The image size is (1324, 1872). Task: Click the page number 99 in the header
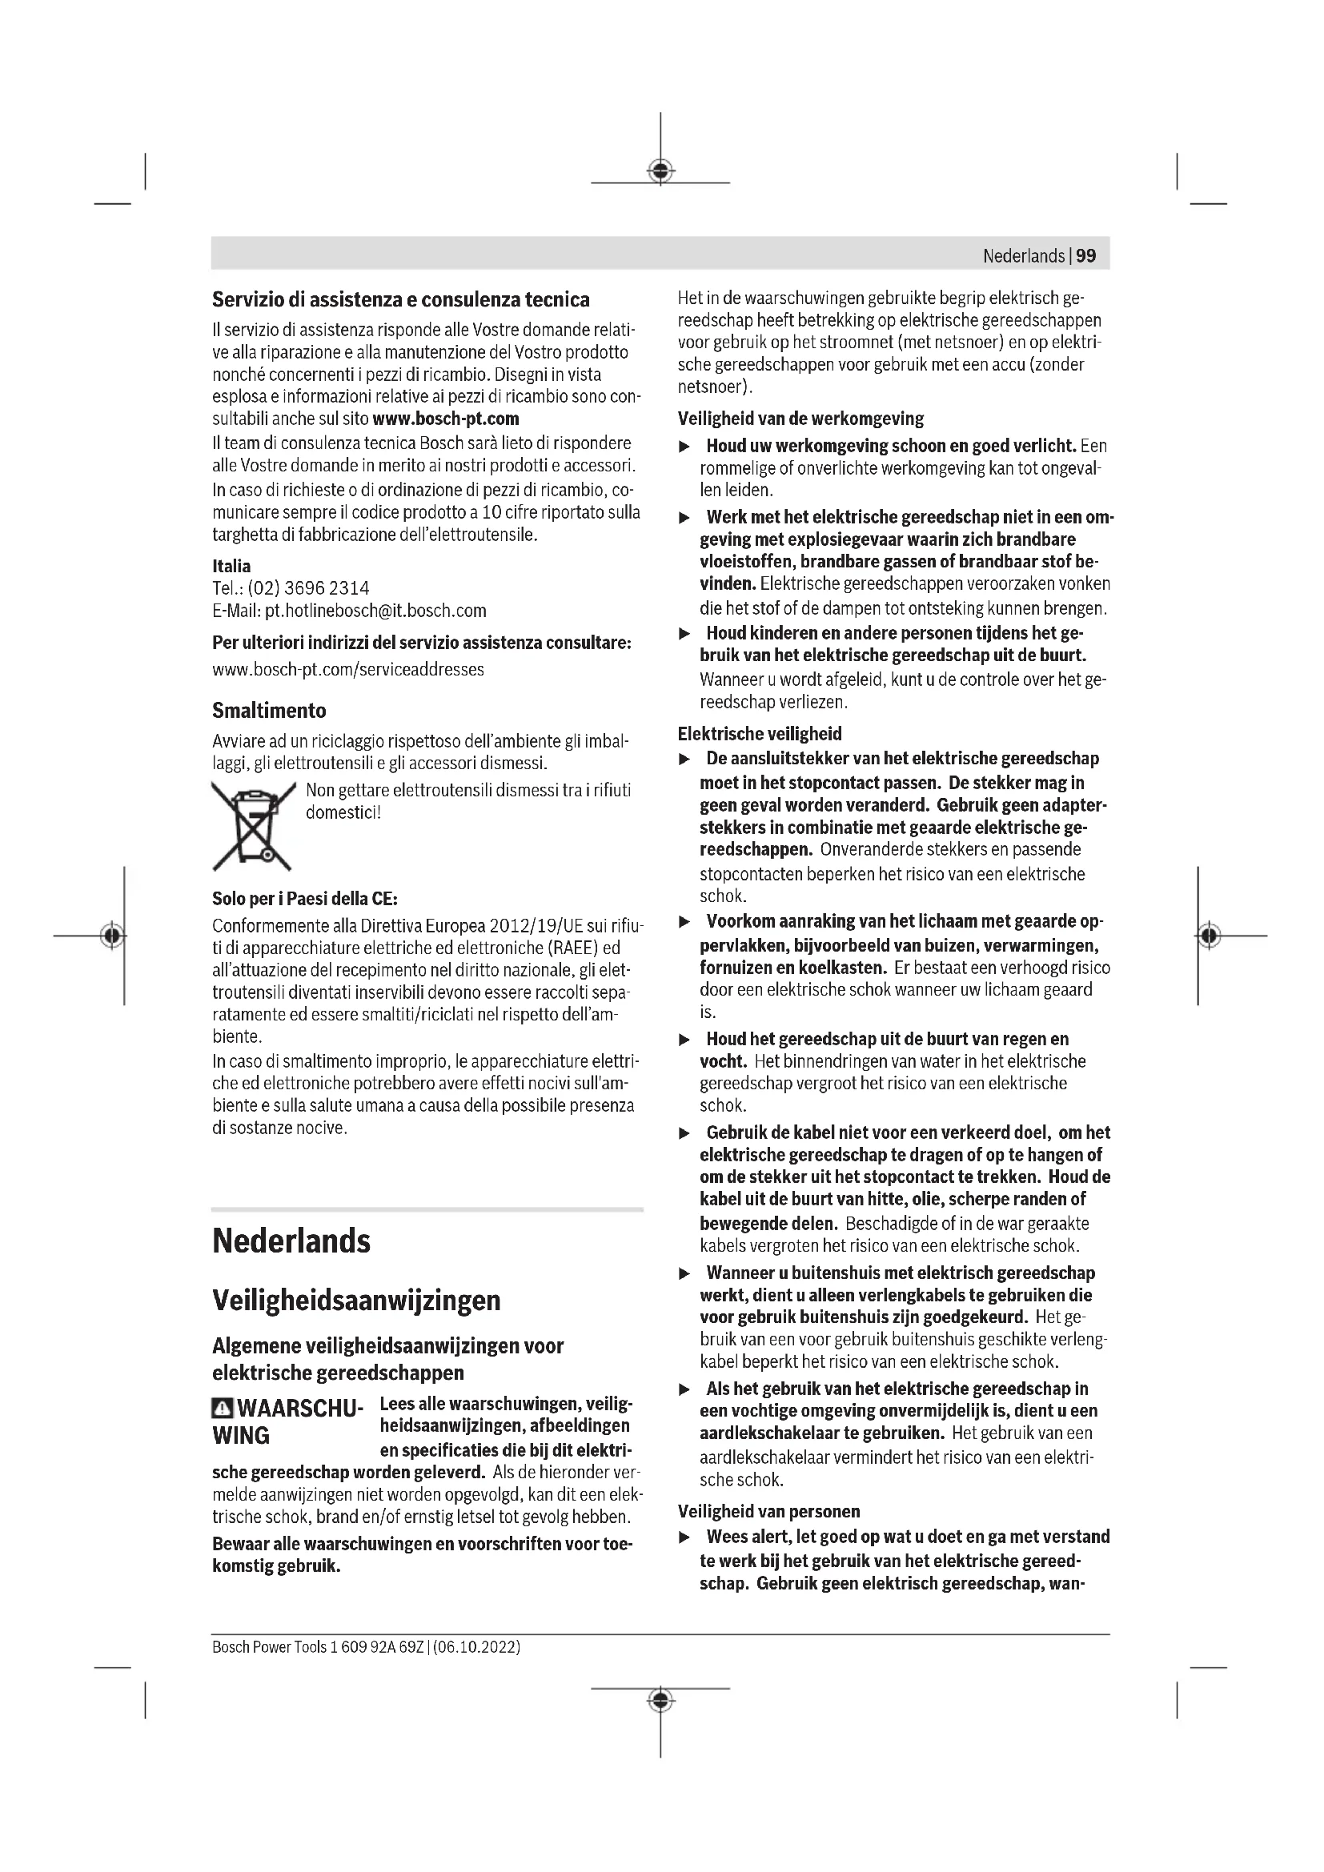point(1086,256)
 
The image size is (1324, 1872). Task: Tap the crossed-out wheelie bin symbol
point(253,826)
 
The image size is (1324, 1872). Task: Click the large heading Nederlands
point(291,1241)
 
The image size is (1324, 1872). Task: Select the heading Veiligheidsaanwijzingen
point(356,1300)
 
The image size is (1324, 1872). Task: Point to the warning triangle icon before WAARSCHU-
point(222,1408)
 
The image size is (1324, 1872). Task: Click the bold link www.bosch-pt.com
point(445,419)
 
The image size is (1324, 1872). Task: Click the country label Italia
point(231,566)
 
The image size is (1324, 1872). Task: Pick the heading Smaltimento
point(269,711)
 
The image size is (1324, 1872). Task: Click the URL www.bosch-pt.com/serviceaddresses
point(348,669)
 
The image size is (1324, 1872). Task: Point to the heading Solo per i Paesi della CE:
point(305,899)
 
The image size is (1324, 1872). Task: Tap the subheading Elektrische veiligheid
point(760,733)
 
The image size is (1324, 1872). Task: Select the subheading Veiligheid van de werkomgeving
point(800,419)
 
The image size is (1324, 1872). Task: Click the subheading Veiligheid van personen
point(768,1511)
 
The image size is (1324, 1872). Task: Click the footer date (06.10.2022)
point(476,1647)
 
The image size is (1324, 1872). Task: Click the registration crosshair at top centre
point(660,170)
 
